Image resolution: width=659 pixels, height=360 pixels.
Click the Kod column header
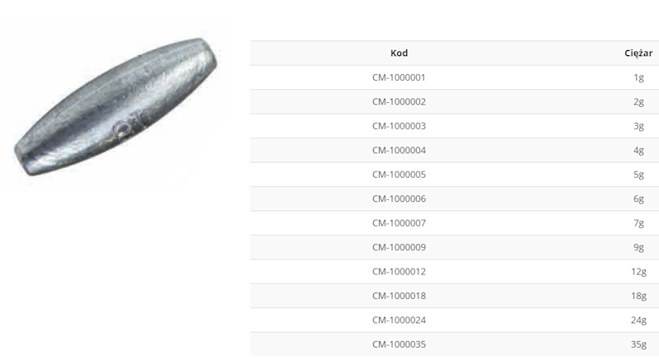pos(399,53)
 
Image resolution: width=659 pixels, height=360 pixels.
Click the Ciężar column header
pos(638,53)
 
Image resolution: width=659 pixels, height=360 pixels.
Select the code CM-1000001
pos(399,77)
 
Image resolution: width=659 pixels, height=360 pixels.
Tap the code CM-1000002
pos(399,101)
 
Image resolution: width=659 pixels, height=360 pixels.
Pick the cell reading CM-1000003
pos(399,126)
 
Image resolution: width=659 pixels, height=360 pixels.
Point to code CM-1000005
pos(399,175)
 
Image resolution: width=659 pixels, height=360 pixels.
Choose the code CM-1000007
pos(399,223)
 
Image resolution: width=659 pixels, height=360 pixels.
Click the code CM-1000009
pos(399,247)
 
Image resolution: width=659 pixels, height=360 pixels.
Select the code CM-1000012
pos(399,271)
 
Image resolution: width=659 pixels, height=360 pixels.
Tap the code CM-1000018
pos(399,296)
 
